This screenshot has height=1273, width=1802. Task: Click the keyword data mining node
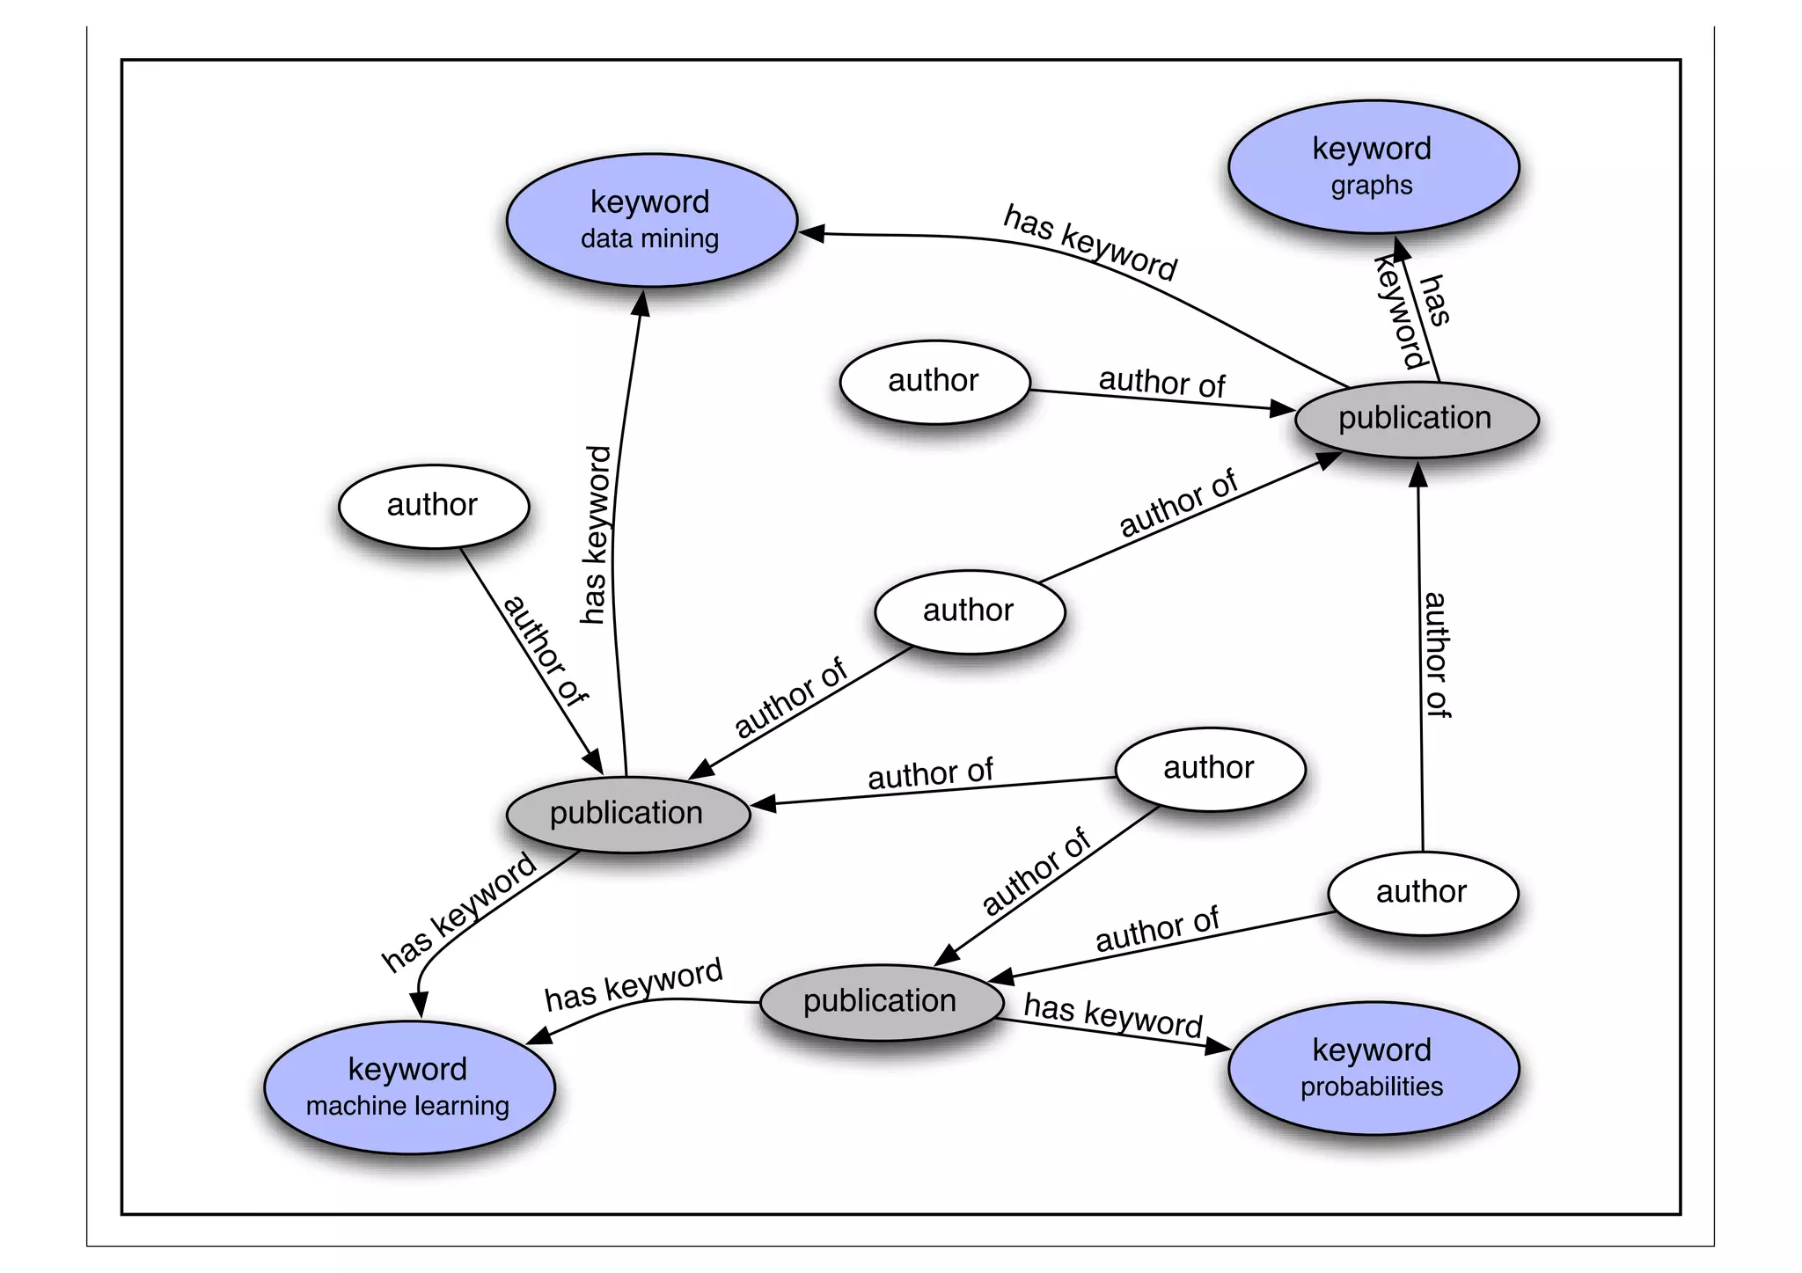pyautogui.click(x=651, y=220)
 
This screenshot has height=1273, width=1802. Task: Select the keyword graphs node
pyautogui.click(x=1373, y=166)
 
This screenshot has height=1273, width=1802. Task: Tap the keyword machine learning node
pyautogui.click(x=409, y=1086)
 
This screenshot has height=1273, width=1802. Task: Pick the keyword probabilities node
pyautogui.click(x=1373, y=1067)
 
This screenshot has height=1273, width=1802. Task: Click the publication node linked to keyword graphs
pyautogui.click(x=1416, y=419)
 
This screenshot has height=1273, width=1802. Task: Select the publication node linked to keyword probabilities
pyautogui.click(x=881, y=1001)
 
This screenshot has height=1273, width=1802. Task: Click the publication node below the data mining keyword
pyautogui.click(x=627, y=813)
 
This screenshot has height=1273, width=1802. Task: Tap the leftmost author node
pyautogui.click(x=433, y=505)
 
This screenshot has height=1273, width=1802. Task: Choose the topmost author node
pyautogui.click(x=934, y=381)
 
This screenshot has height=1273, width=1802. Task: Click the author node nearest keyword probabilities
pyautogui.click(x=1422, y=892)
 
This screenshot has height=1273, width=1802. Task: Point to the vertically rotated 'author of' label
pyautogui.click(x=1436, y=655)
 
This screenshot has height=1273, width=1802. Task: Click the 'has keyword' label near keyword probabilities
pyautogui.click(x=1113, y=1015)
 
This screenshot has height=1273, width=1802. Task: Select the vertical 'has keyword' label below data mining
pyautogui.click(x=597, y=535)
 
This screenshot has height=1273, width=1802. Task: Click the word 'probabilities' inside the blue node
pyautogui.click(x=1372, y=1087)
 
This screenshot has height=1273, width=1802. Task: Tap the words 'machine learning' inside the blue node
pyautogui.click(x=407, y=1106)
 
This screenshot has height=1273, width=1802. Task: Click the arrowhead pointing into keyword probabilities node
pyautogui.click(x=1219, y=1047)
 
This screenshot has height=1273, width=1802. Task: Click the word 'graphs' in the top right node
pyautogui.click(x=1372, y=186)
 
